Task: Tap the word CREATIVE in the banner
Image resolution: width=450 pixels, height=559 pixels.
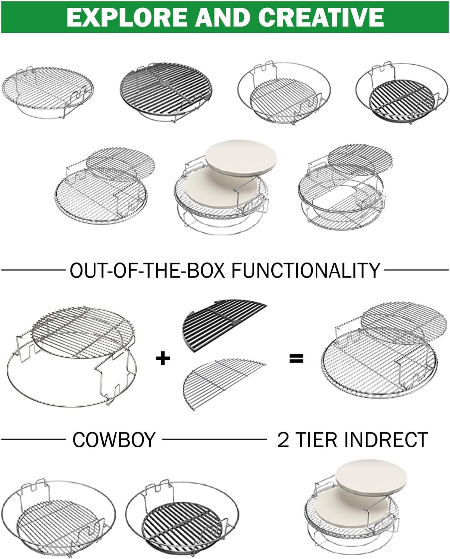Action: click(321, 17)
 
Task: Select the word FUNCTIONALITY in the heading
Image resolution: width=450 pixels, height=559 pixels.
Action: click(306, 270)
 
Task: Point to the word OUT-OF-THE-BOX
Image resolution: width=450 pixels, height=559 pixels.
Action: click(147, 270)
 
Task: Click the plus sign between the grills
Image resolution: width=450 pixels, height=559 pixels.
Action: click(163, 359)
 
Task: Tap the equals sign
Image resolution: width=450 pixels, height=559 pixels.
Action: click(296, 359)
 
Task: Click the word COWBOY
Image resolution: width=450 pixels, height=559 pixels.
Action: click(114, 440)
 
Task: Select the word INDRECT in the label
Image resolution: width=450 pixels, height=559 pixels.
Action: click(388, 440)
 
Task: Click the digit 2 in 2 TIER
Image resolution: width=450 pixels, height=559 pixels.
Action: click(283, 440)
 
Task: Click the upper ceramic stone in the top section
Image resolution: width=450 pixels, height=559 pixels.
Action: click(241, 158)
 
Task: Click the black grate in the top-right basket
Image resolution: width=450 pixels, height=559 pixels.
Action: click(401, 101)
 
